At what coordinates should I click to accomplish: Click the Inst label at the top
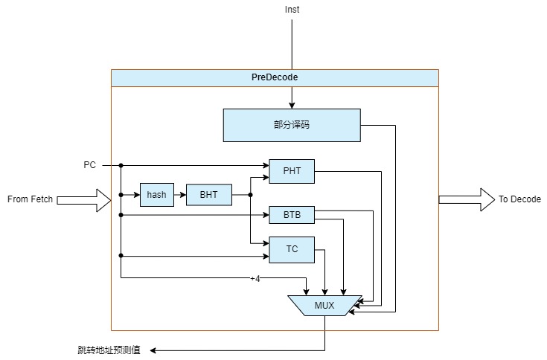click(292, 10)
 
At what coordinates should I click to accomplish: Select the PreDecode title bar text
click(274, 77)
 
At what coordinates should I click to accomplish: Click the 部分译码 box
click(291, 125)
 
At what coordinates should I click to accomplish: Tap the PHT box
click(292, 171)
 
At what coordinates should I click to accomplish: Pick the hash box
click(156, 195)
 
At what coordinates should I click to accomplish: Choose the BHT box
click(208, 195)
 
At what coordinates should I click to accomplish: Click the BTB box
click(292, 216)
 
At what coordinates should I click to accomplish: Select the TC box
click(292, 249)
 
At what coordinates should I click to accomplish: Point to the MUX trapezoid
click(324, 306)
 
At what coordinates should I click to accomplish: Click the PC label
click(89, 164)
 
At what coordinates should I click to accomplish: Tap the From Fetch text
click(30, 199)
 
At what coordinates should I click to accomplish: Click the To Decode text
click(519, 199)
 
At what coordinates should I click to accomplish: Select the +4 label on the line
click(255, 279)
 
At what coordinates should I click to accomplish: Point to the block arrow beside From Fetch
click(83, 199)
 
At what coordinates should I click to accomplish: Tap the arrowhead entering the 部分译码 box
click(292, 105)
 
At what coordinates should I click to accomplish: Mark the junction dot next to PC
click(121, 165)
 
